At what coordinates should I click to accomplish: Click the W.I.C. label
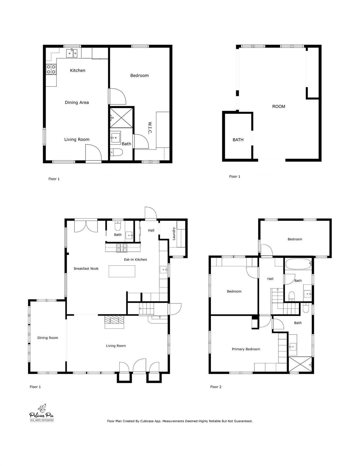tap(150, 128)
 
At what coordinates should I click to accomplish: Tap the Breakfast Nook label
tap(86, 268)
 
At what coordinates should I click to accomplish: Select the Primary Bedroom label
tap(246, 349)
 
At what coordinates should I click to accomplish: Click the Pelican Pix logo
tap(42, 414)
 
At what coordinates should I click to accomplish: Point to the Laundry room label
tap(174, 234)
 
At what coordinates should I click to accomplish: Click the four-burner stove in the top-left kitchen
tap(51, 69)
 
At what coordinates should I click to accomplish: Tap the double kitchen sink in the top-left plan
tap(72, 54)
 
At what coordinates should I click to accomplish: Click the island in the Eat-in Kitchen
tap(122, 271)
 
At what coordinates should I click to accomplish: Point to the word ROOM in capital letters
tap(278, 106)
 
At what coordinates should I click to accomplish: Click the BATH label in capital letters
tap(238, 140)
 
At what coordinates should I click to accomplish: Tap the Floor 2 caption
tap(216, 387)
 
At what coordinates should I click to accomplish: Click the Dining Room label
tap(48, 338)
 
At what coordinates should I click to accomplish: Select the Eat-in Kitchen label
tap(135, 259)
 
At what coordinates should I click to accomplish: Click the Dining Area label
tap(77, 103)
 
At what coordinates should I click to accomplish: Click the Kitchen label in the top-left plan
tap(78, 70)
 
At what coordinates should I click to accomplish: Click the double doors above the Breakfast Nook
tap(86, 226)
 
